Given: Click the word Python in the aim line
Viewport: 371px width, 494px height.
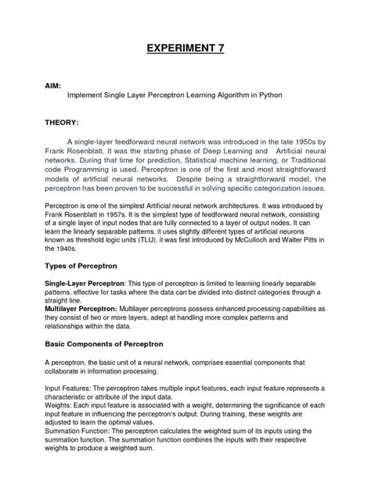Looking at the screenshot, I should [268, 98].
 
